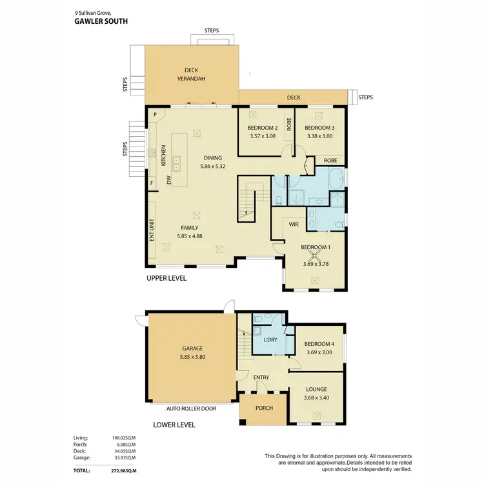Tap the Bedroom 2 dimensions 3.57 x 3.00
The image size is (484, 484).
(x=262, y=136)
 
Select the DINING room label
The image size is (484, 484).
(x=213, y=157)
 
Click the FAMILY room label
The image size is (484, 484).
(x=189, y=228)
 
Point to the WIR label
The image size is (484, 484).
(x=292, y=224)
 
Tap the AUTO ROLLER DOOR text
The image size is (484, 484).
(x=191, y=408)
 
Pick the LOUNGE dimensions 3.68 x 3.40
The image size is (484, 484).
(x=316, y=398)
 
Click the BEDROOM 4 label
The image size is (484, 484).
(x=319, y=344)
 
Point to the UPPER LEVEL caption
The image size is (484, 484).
(x=166, y=278)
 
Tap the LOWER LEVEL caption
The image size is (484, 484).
(x=174, y=425)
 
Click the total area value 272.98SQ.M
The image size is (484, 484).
(x=122, y=472)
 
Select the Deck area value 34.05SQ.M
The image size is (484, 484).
(x=123, y=452)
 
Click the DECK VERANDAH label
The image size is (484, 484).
(x=191, y=75)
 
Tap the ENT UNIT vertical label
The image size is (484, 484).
(x=152, y=230)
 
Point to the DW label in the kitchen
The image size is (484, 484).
(x=169, y=180)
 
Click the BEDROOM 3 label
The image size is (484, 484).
(x=319, y=128)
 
